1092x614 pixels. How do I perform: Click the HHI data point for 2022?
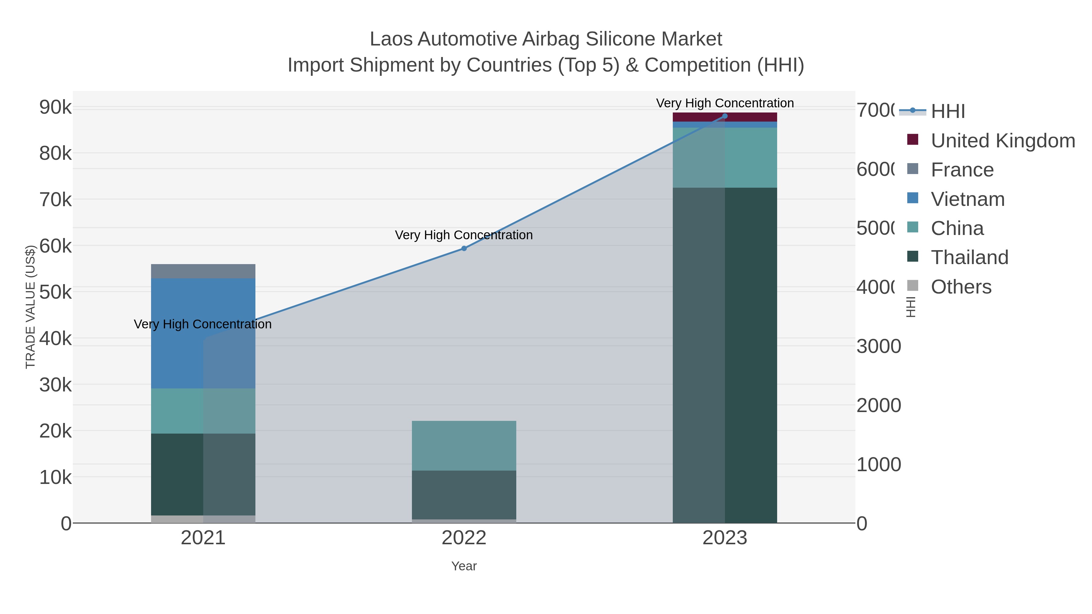[x=464, y=248]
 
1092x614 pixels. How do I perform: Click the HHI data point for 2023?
[x=724, y=116]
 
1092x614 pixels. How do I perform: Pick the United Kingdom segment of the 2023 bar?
[x=750, y=117]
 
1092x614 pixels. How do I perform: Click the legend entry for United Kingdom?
[x=1002, y=141]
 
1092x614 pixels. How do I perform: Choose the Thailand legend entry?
[x=969, y=257]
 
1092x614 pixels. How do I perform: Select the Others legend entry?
[x=961, y=287]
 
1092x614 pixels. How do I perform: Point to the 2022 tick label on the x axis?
[x=464, y=538]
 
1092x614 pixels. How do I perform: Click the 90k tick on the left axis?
[x=56, y=107]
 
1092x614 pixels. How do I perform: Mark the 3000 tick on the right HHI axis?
[x=878, y=347]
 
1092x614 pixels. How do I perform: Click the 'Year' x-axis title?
[x=464, y=566]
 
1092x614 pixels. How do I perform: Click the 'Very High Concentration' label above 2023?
[x=724, y=103]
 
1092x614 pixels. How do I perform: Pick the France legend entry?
[x=962, y=170]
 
